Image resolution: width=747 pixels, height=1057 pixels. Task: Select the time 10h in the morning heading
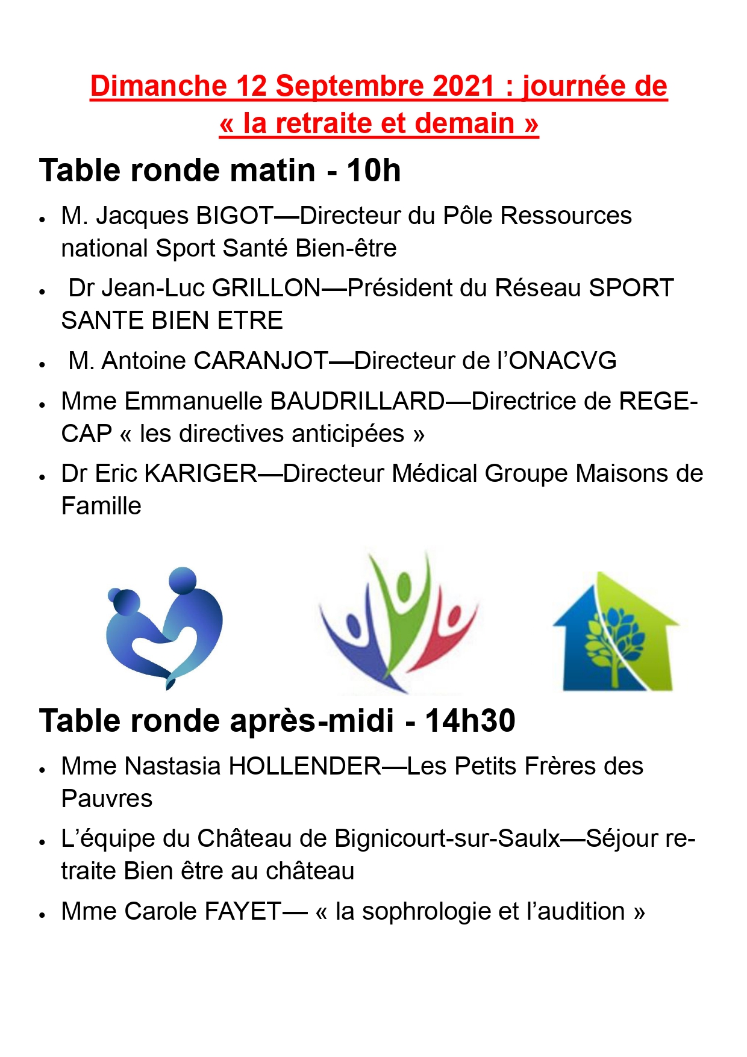pyautogui.click(x=373, y=170)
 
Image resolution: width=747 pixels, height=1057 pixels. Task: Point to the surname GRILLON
pyautogui.click(x=267, y=288)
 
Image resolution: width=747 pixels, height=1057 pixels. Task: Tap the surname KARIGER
pyautogui.click(x=201, y=473)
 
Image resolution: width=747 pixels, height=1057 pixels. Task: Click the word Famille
pyautogui.click(x=101, y=506)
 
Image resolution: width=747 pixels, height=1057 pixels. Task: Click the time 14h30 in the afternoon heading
pyautogui.click(x=470, y=721)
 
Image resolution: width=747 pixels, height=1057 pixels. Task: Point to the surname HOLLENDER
pyautogui.click(x=305, y=766)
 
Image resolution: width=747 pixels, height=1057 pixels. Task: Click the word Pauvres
pyautogui.click(x=107, y=799)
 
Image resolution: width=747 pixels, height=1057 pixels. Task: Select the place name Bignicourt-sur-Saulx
pyautogui.click(x=447, y=838)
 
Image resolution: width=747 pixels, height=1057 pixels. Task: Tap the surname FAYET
pyautogui.click(x=243, y=911)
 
